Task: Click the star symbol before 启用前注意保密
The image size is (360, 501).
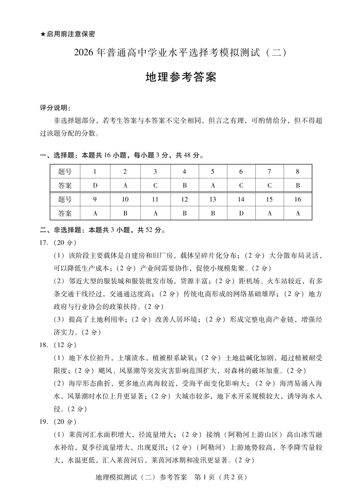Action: (43, 34)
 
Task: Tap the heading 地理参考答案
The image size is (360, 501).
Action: (181, 77)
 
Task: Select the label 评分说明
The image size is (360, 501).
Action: (55, 108)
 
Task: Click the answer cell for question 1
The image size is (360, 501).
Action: (95, 186)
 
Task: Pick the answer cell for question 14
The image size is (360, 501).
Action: (241, 213)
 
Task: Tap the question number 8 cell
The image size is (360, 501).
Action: (297, 172)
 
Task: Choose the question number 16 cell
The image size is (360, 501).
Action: (297, 199)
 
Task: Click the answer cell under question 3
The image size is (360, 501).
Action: (155, 186)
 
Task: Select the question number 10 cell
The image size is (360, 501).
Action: (125, 199)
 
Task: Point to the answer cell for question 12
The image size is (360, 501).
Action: (184, 213)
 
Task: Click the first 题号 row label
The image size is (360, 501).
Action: (65, 172)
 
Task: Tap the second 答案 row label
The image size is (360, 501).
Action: (65, 213)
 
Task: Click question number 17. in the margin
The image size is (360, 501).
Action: (44, 243)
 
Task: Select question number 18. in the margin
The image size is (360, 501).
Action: (44, 345)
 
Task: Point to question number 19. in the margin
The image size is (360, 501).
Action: (44, 421)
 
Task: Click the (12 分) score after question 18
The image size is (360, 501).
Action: (65, 345)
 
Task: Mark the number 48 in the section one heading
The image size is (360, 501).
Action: (187, 155)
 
